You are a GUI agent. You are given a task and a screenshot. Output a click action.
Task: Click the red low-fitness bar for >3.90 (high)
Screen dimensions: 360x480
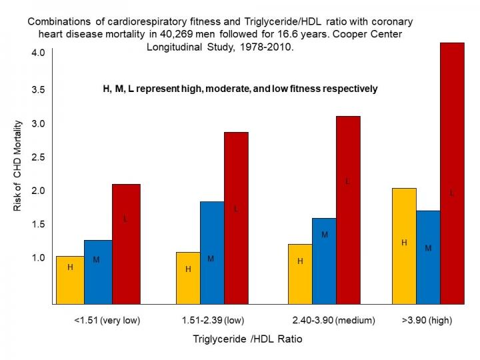(452, 173)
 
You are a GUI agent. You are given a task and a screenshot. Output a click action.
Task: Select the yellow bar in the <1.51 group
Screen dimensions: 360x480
(70, 280)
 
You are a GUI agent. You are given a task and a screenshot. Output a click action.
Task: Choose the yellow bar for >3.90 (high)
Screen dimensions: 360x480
(404, 246)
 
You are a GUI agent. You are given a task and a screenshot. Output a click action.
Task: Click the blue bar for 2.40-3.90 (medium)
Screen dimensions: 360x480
(324, 261)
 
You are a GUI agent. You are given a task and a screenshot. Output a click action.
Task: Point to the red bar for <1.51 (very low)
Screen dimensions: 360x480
(126, 244)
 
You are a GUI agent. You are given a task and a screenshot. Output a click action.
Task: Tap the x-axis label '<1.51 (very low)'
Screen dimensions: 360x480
(107, 320)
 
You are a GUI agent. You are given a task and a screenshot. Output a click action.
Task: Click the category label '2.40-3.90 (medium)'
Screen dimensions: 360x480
(334, 320)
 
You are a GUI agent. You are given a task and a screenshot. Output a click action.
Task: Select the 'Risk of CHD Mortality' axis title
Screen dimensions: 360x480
(18, 166)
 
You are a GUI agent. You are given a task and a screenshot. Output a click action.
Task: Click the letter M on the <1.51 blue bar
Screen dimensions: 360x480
(96, 259)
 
